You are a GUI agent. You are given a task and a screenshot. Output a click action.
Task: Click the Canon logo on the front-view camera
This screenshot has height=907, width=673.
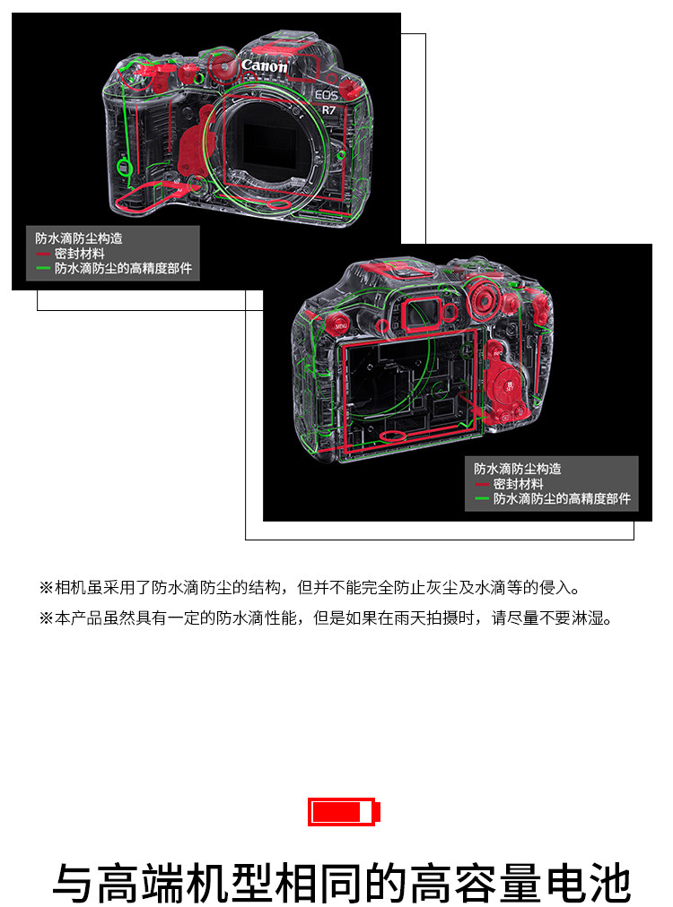[x=264, y=66]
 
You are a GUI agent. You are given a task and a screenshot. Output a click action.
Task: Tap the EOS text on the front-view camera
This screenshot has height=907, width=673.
[x=327, y=95]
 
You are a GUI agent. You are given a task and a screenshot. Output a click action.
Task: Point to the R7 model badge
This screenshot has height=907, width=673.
[x=329, y=109]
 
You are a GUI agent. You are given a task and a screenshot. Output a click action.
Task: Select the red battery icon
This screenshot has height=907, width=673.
[x=344, y=812]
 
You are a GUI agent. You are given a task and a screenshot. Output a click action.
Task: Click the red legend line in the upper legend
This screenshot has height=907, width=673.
[x=43, y=254]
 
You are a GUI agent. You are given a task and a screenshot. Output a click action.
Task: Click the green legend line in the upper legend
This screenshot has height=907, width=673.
[x=43, y=268]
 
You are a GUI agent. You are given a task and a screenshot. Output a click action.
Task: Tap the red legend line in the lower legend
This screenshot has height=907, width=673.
[x=482, y=484]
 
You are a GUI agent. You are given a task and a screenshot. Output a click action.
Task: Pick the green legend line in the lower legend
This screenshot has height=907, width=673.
[x=482, y=498]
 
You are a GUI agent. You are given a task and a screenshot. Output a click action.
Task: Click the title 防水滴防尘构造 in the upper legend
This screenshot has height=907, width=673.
[x=79, y=238]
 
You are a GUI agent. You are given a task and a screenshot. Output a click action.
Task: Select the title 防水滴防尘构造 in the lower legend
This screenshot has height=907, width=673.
[x=518, y=469]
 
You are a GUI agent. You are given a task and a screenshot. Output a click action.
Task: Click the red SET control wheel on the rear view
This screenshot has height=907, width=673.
[x=509, y=384]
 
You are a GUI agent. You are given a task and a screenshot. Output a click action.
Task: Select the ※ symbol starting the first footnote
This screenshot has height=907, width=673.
[x=46, y=588]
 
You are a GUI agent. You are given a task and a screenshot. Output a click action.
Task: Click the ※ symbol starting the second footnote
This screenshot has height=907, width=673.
[x=46, y=618]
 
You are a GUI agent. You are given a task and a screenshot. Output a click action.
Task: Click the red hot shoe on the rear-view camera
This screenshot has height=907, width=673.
[x=399, y=271]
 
